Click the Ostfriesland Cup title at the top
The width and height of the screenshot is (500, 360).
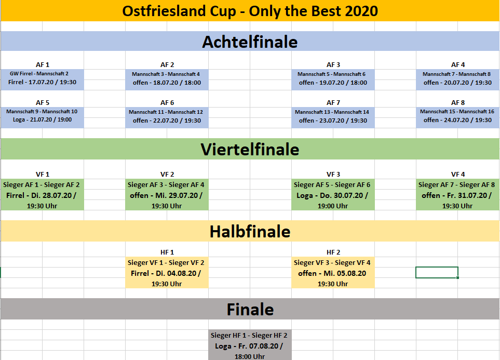point(250,11)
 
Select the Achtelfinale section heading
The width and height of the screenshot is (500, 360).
point(250,42)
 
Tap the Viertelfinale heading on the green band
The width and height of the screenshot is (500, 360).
point(250,150)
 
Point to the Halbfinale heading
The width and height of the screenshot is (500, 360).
point(250,231)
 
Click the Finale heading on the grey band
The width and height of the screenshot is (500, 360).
point(250,309)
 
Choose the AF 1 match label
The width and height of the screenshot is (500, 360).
point(43,65)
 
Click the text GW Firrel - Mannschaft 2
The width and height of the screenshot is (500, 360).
point(39,73)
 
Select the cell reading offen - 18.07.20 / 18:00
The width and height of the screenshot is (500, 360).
point(167,83)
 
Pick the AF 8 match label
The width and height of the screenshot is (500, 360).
point(458,103)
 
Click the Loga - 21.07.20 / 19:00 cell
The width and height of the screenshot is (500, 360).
point(43,119)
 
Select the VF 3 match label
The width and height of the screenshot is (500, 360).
point(333,174)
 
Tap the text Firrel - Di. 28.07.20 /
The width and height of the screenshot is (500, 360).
point(41,195)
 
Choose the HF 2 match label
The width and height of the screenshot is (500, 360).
point(333,252)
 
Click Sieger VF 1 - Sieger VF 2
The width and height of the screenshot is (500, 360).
point(166,262)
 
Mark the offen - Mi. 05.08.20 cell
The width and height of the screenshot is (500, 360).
point(332,273)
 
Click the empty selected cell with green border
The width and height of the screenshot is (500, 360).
point(437,273)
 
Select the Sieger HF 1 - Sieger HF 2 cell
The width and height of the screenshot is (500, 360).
point(249,335)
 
